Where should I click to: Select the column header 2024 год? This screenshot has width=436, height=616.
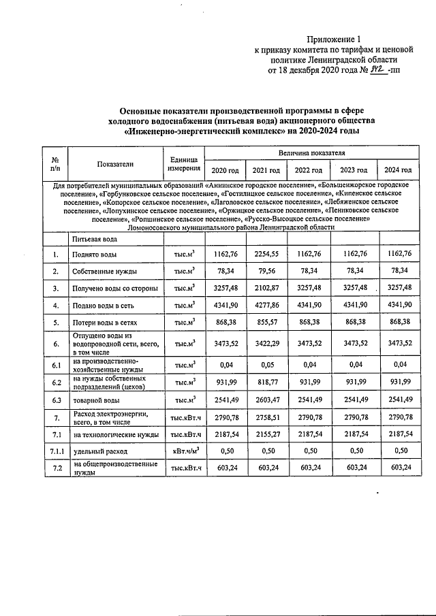point(398,170)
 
